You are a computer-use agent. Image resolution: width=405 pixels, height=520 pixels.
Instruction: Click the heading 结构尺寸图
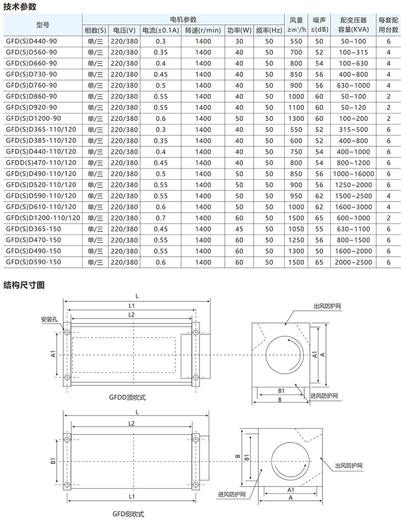24,285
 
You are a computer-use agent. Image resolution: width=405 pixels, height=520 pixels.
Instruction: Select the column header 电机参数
183,19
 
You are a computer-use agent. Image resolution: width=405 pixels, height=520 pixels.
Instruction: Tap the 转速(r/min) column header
202,30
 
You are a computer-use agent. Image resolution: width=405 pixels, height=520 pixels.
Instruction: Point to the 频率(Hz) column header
269,30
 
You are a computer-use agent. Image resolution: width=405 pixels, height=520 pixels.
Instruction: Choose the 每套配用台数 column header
388,25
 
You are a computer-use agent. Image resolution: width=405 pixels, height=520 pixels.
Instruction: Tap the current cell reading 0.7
161,218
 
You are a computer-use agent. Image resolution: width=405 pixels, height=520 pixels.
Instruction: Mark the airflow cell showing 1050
296,229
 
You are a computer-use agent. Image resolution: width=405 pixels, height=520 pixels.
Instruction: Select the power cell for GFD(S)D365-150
239,229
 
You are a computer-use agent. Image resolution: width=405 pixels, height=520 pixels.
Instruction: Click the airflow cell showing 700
296,52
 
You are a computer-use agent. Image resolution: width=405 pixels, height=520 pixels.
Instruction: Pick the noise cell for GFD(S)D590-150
319,262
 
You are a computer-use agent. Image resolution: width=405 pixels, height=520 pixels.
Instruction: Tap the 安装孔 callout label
51,319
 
